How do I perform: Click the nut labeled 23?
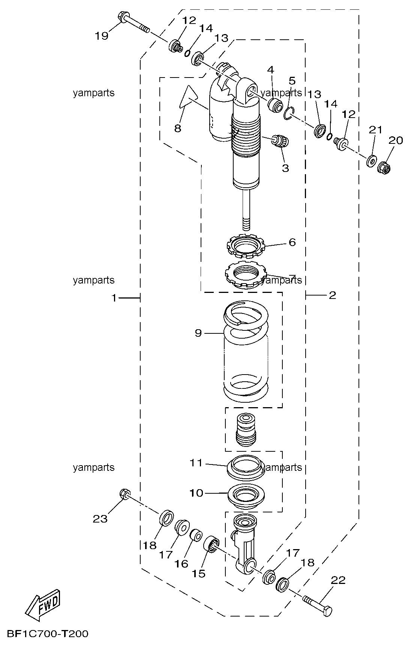[x=125, y=494]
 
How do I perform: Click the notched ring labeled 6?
[x=246, y=246]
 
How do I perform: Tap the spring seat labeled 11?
[x=246, y=467]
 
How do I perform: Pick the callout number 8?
[x=178, y=128]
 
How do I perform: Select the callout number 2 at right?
[x=332, y=296]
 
